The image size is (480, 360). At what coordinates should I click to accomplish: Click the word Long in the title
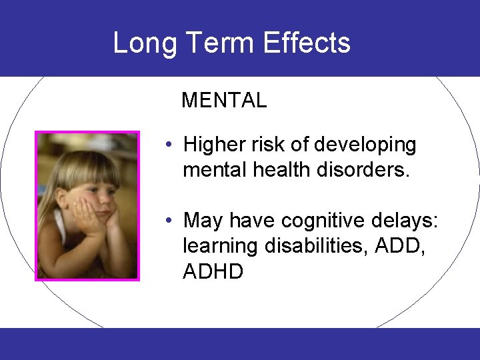click(x=145, y=43)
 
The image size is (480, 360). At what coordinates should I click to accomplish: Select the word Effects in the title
click(x=307, y=43)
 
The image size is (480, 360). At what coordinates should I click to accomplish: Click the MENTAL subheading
click(x=224, y=101)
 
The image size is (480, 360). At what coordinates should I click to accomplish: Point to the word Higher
click(x=213, y=145)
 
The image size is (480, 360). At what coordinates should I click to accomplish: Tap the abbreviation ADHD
click(x=213, y=271)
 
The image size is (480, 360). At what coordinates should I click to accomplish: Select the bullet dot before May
click(x=171, y=220)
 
